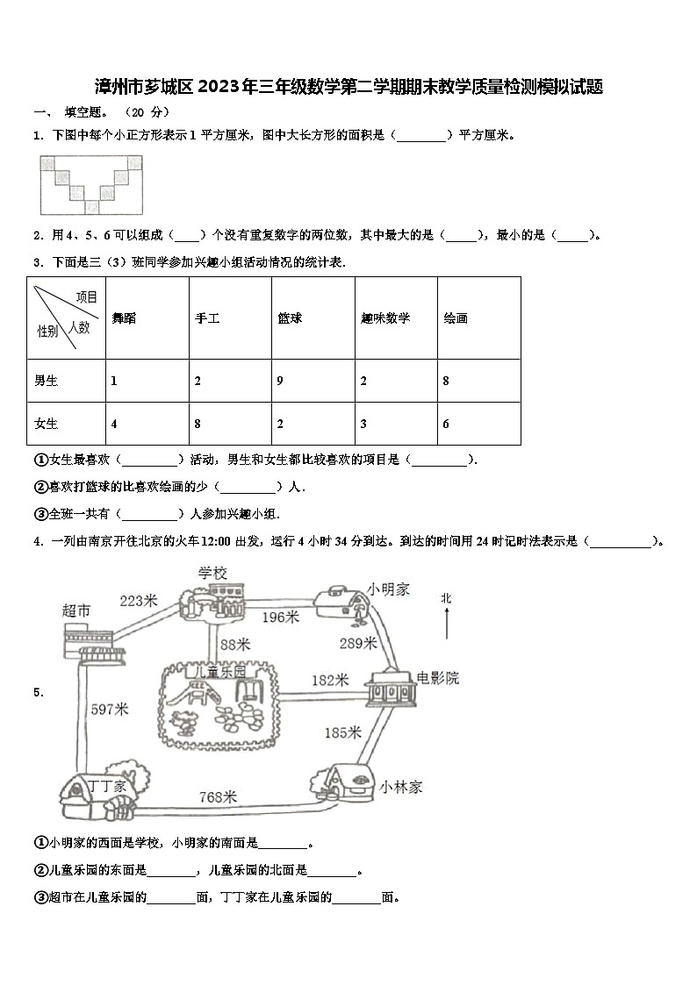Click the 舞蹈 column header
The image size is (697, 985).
click(124, 318)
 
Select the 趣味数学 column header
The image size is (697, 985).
click(385, 318)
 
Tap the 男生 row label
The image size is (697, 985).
click(47, 381)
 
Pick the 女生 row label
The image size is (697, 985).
click(47, 424)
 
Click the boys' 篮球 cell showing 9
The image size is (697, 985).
click(280, 381)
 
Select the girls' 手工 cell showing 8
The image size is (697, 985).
click(198, 424)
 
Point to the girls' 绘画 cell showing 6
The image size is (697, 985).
click(446, 424)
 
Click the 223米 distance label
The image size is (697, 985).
click(138, 601)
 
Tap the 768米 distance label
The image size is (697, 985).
click(218, 796)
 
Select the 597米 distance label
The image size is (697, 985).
click(110, 709)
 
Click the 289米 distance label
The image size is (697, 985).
click(357, 643)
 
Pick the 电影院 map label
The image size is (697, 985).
click(437, 678)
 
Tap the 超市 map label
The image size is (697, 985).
click(76, 610)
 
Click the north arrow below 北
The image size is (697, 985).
click(447, 625)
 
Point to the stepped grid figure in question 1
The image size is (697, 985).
click(90, 184)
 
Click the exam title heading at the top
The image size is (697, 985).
click(348, 87)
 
